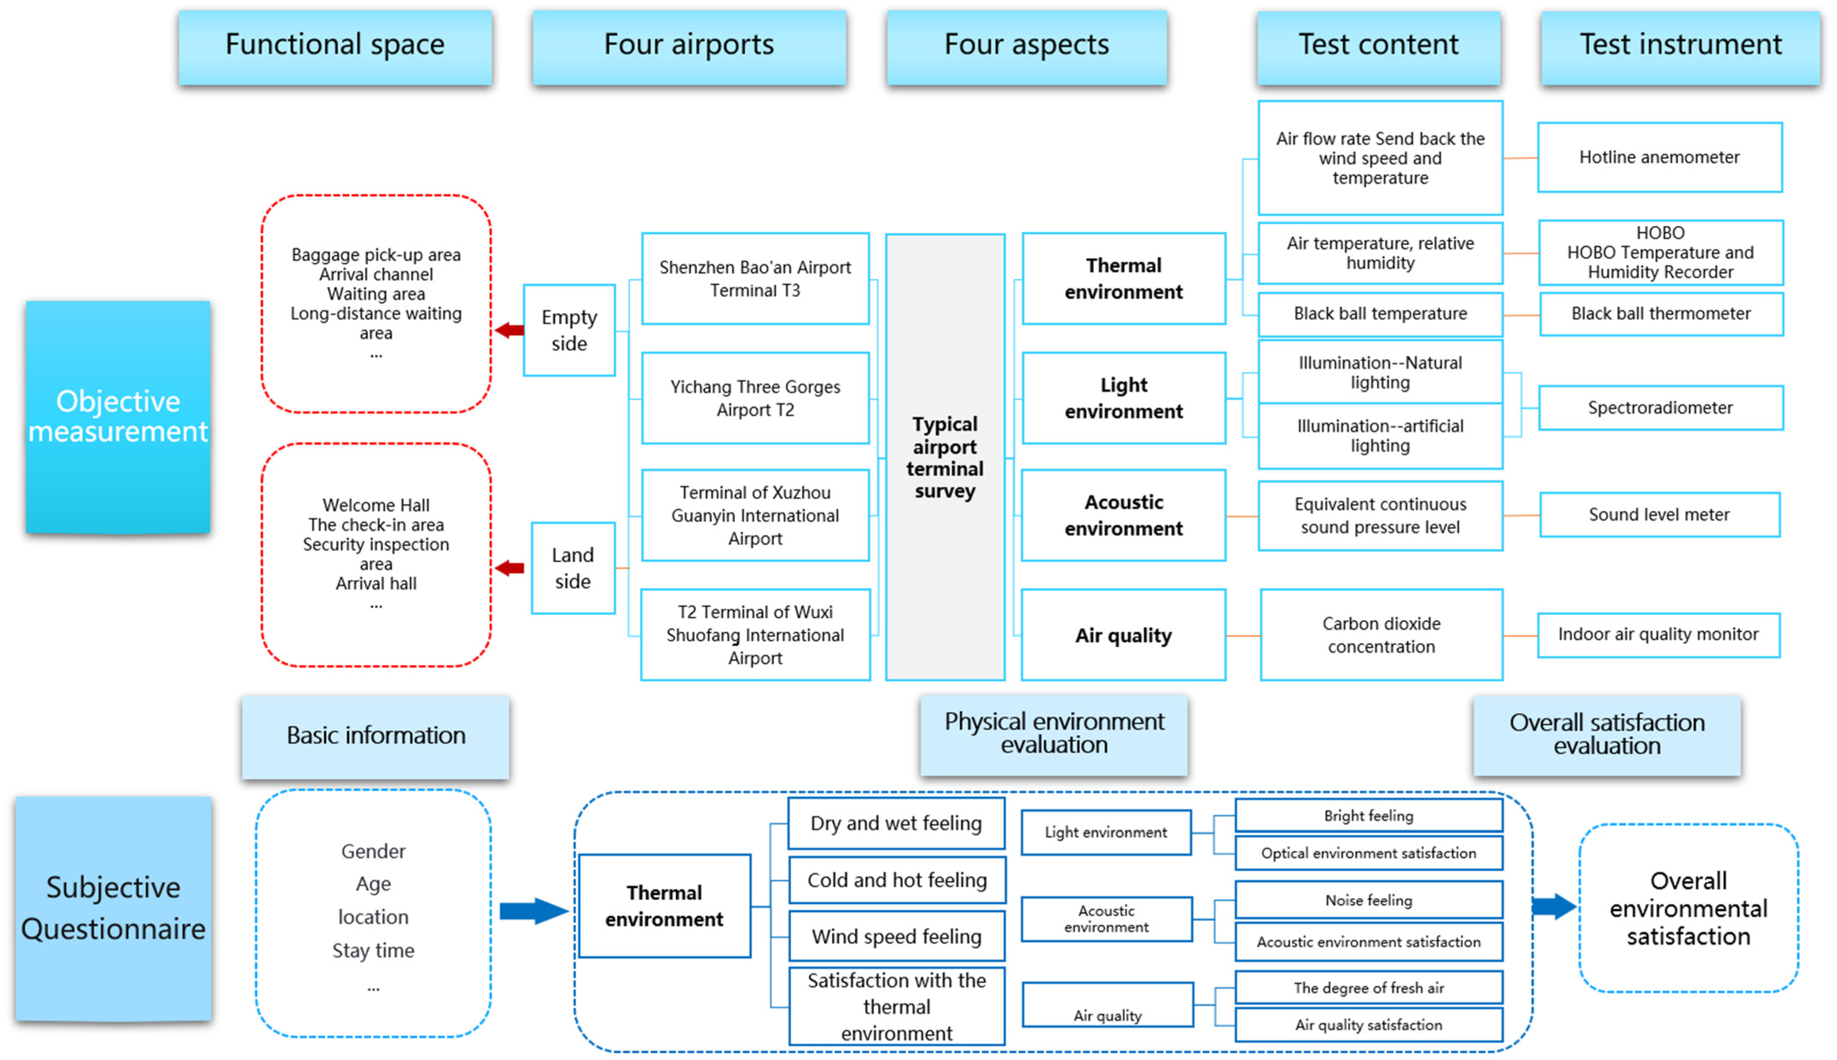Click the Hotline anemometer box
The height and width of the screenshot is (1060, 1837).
tap(1660, 157)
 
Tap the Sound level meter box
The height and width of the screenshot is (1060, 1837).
tap(1660, 515)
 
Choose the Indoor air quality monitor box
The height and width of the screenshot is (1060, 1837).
tap(1659, 635)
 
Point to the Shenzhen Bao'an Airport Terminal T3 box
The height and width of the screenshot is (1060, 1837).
tap(756, 279)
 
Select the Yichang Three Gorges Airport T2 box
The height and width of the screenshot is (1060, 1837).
tap(756, 398)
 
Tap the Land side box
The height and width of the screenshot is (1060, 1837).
tap(573, 568)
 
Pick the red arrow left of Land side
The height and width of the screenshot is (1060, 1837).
tap(509, 568)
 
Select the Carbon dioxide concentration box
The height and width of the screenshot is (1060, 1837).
tap(1381, 635)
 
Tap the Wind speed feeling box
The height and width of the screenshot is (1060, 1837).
tap(897, 936)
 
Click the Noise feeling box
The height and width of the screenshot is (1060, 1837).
tap(1369, 900)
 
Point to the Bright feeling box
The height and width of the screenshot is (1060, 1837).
tap(1369, 815)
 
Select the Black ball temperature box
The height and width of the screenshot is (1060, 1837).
tap(1381, 314)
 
